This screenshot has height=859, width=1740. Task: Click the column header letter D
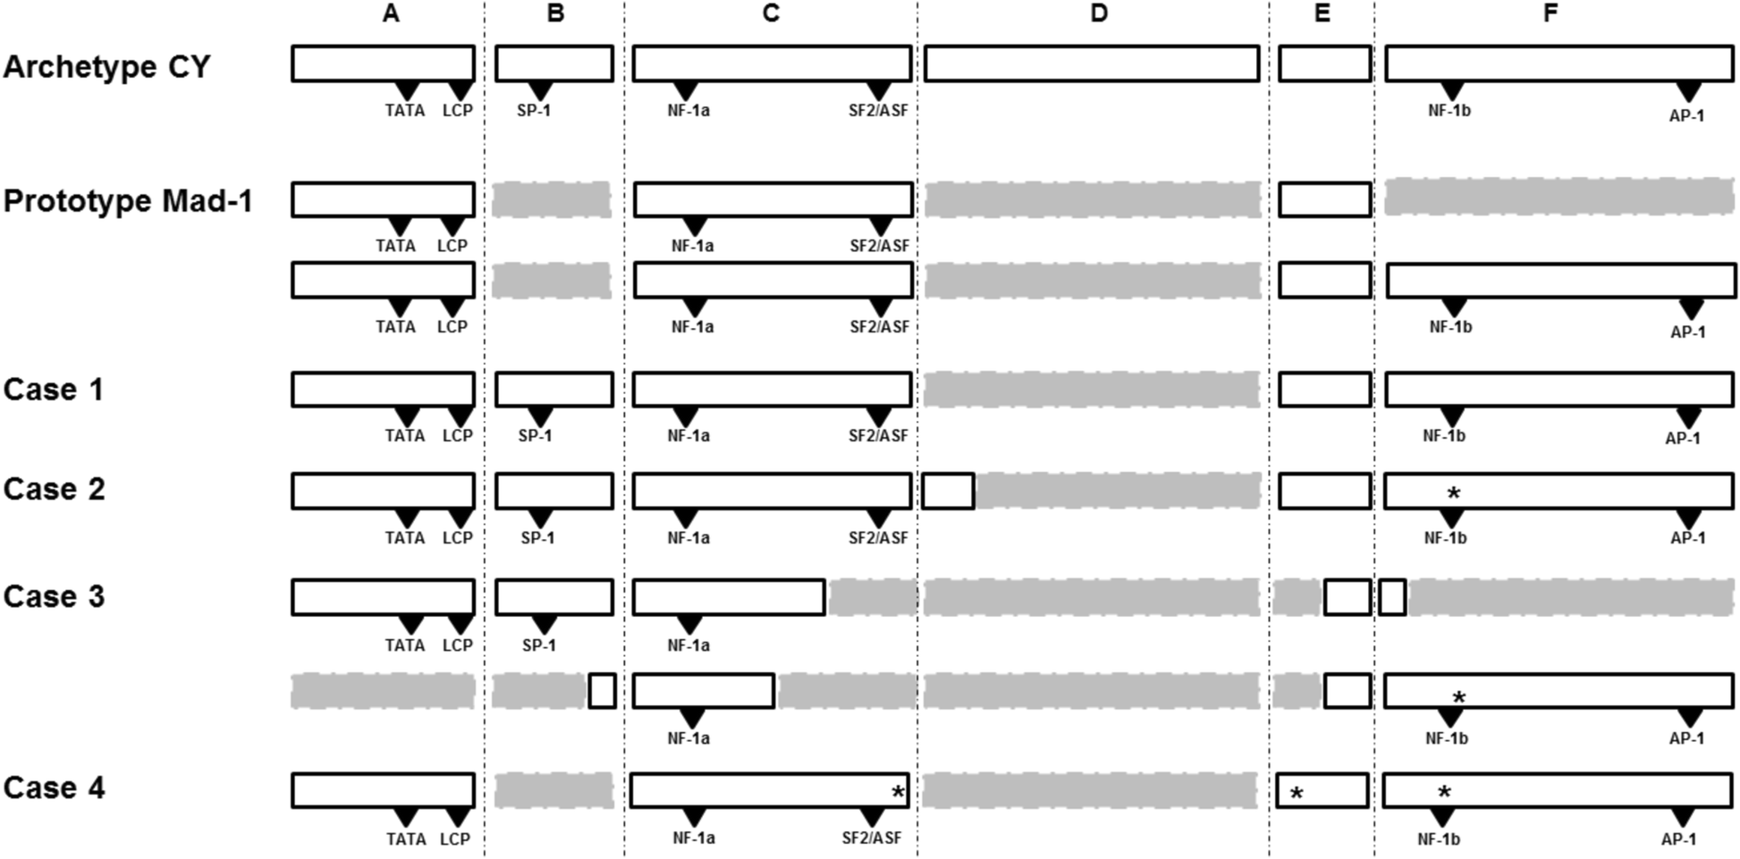(x=1099, y=13)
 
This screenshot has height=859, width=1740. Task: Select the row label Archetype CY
(x=106, y=67)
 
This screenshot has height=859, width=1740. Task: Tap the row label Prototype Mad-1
(x=128, y=201)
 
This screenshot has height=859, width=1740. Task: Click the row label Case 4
(x=54, y=788)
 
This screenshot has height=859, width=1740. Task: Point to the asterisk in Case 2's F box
(x=1454, y=493)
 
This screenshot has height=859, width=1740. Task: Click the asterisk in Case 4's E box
(x=1296, y=793)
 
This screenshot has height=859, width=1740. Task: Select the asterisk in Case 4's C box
(x=898, y=792)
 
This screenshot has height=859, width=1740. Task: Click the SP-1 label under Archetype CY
(x=534, y=111)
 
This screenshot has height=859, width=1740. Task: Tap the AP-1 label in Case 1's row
(x=1682, y=438)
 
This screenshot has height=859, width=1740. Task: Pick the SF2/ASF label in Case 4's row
(x=872, y=838)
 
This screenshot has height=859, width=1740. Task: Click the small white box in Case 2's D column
(x=949, y=492)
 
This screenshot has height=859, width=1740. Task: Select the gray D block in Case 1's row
(x=1092, y=390)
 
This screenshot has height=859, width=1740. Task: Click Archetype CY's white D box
(x=1092, y=64)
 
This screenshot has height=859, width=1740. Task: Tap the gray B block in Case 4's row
(x=553, y=791)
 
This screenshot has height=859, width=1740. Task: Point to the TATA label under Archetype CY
(x=404, y=111)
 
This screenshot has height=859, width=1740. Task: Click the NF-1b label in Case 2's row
(x=1445, y=538)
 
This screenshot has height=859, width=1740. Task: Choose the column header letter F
(x=1550, y=13)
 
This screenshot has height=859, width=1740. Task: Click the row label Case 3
(x=54, y=597)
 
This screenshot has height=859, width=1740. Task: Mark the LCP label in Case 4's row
(x=455, y=839)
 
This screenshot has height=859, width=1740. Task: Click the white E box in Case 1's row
(x=1324, y=390)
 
